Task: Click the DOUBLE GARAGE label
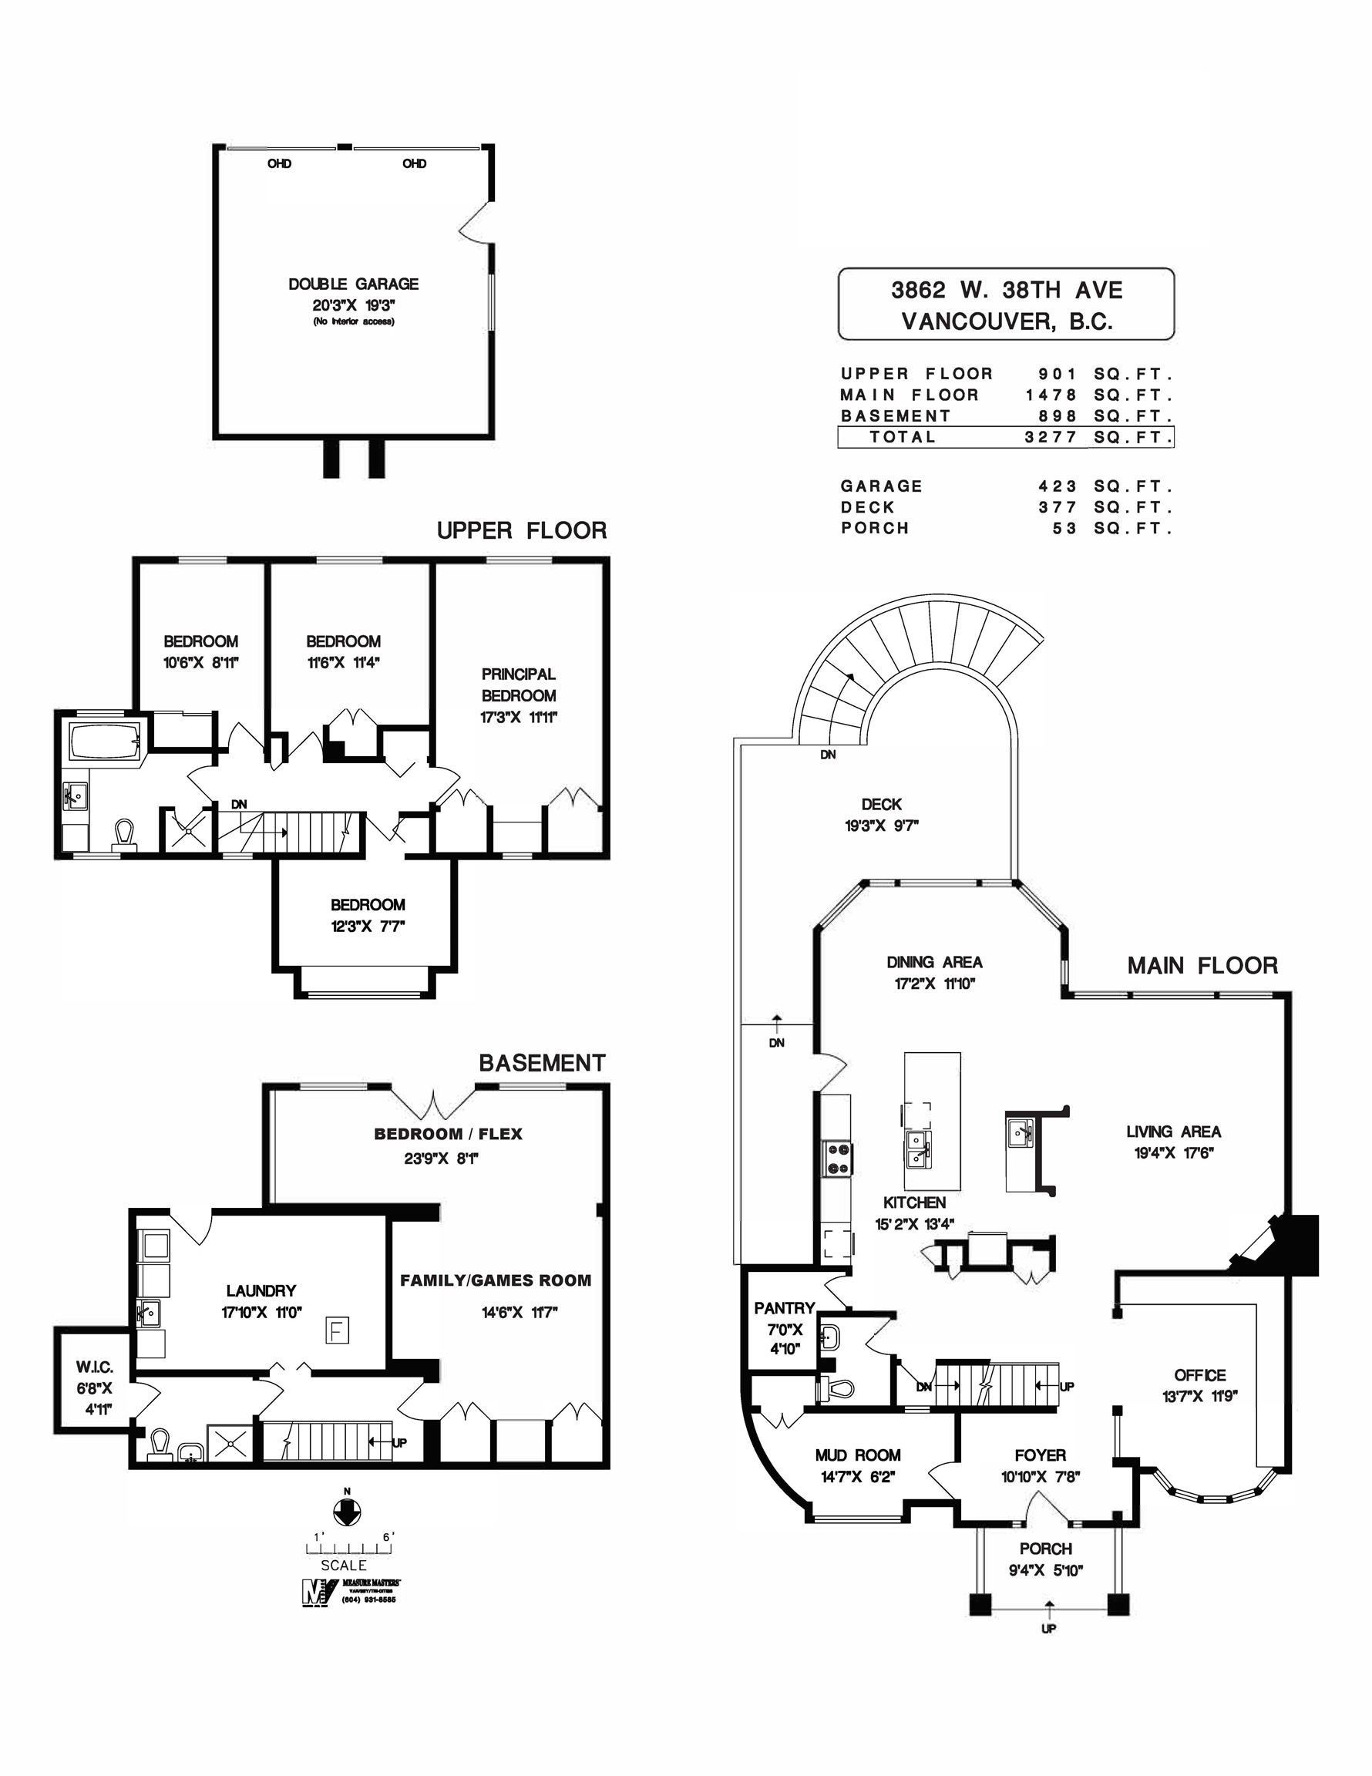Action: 353,284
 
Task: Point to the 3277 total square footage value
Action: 1051,437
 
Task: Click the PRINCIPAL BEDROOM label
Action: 518,684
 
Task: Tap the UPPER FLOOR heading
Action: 521,531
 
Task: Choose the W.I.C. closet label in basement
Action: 94,1367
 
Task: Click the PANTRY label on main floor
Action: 784,1308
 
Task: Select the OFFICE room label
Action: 1199,1375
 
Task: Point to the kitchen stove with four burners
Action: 838,1159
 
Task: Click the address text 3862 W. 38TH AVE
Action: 1006,291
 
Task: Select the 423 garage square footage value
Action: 1058,486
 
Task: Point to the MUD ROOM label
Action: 857,1455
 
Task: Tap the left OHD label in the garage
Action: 279,163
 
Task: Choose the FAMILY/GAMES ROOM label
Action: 496,1281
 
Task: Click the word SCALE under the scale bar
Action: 343,1565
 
